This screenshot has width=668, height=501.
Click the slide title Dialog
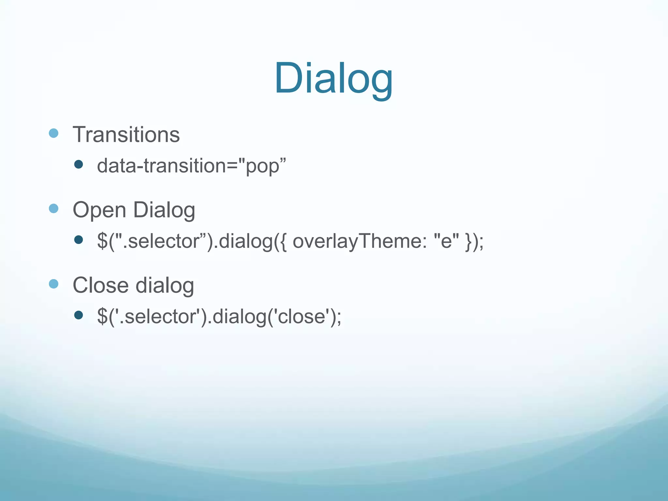pyautogui.click(x=333, y=79)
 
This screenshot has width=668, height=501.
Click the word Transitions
pyautogui.click(x=126, y=134)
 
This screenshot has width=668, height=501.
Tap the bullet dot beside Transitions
pyautogui.click(x=53, y=133)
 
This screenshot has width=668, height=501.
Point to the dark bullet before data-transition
pyautogui.click(x=78, y=164)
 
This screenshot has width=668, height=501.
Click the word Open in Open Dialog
pyautogui.click(x=99, y=210)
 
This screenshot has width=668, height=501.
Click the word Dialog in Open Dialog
pyautogui.click(x=164, y=210)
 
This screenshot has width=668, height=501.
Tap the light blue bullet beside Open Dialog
pyautogui.click(x=53, y=208)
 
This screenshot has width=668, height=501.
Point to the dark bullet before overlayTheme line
pyautogui.click(x=78, y=240)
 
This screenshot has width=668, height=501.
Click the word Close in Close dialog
pyautogui.click(x=100, y=285)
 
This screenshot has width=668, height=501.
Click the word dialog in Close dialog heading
pyautogui.click(x=165, y=285)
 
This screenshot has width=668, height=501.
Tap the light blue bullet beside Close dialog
pyautogui.click(x=53, y=284)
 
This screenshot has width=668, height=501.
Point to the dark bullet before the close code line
pyautogui.click(x=78, y=315)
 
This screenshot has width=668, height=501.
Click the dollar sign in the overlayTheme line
pyautogui.click(x=102, y=241)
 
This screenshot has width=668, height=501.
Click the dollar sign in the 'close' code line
pyautogui.click(x=102, y=316)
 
